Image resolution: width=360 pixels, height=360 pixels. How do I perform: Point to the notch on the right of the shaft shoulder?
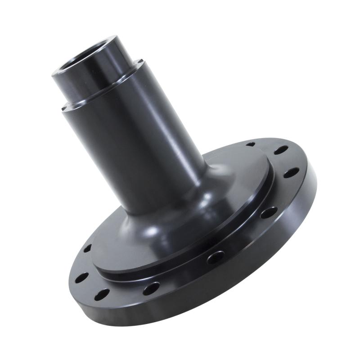click(x=141, y=63)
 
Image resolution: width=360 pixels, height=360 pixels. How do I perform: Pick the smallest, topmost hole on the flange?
click(x=251, y=144)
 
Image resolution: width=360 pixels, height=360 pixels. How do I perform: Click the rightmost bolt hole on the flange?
click(x=292, y=172)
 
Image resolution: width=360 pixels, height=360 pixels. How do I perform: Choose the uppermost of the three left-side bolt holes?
click(x=87, y=248)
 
